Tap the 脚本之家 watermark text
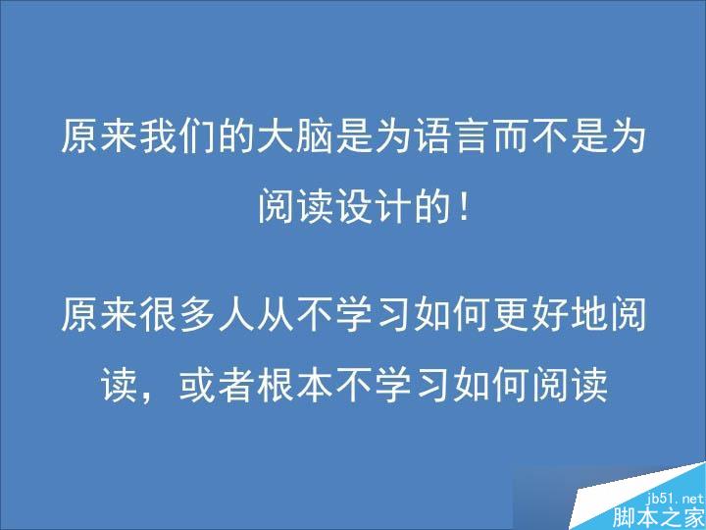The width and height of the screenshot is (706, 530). click(x=659, y=517)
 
